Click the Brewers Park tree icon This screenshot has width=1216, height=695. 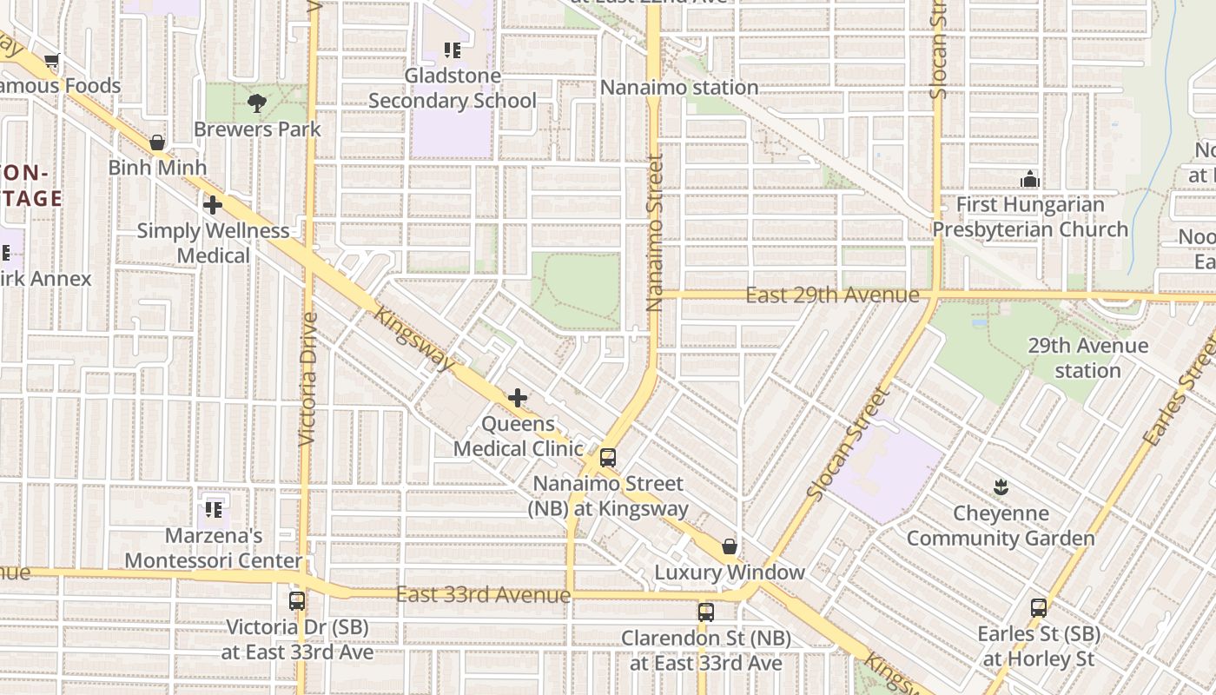coord(256,103)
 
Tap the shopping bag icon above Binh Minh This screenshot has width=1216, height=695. coord(157,142)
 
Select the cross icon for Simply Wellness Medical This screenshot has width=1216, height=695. coord(212,205)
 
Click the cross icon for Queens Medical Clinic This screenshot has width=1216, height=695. coord(518,398)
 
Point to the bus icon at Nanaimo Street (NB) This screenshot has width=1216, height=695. coord(608,458)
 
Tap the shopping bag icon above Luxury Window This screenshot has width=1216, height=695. coord(730,546)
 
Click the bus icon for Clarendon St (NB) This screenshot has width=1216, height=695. coord(706,612)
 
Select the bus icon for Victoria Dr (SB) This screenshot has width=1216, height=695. coord(297,600)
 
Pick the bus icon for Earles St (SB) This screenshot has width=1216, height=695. coord(1039,608)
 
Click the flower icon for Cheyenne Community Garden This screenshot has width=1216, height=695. coord(1001,487)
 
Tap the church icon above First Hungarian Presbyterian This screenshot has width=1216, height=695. coord(1030,180)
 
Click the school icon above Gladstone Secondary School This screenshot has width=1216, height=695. coord(452,50)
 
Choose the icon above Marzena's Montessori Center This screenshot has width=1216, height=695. coord(214,509)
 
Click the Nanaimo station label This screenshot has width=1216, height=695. coord(679,88)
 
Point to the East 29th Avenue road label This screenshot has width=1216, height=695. coord(832,295)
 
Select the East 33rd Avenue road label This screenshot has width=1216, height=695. coord(483,595)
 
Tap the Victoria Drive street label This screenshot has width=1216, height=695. coord(307,380)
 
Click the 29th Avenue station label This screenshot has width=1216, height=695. coord(1087,358)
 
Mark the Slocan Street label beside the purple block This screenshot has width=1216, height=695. coord(849,443)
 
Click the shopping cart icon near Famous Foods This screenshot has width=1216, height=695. coord(52,61)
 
